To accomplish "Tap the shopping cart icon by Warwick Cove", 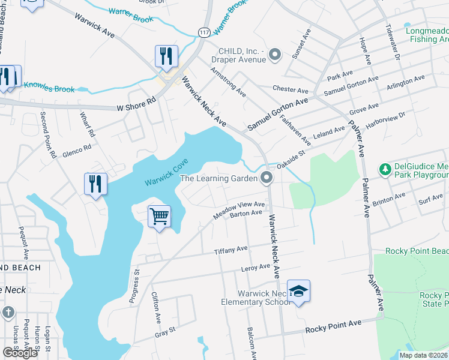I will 159,216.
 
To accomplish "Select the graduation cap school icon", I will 298,291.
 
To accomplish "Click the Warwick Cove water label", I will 166,172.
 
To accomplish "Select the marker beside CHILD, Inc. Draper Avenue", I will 275,55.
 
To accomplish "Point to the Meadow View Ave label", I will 240,209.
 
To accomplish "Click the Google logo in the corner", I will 20,353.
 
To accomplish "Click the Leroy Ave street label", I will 256,267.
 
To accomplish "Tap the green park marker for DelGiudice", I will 384,170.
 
